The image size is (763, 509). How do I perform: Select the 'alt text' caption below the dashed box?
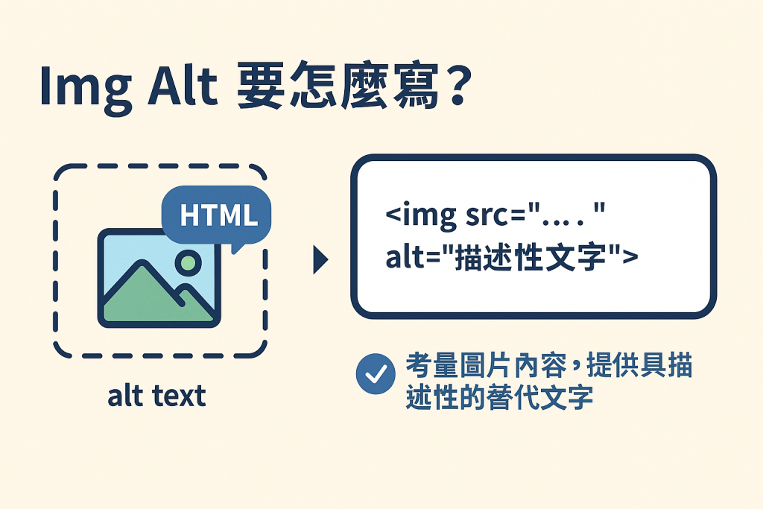tap(156, 396)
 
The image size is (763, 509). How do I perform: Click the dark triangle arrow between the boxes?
tap(320, 261)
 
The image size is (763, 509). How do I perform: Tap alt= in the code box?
tap(413, 259)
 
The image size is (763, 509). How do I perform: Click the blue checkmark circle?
tap(376, 373)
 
